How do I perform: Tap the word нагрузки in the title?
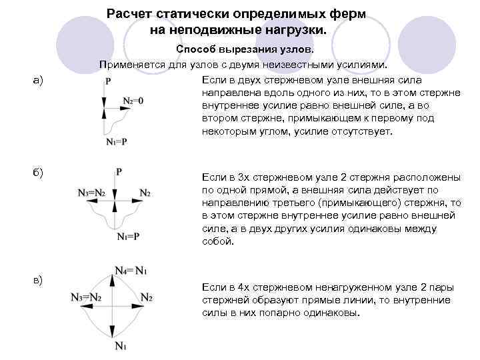[x=294, y=31]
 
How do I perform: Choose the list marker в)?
[x=37, y=279]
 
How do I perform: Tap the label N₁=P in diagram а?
[x=116, y=141]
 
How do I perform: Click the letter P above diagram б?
[x=118, y=172]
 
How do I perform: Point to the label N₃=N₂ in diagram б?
[x=90, y=193]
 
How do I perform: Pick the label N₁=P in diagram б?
[x=128, y=236]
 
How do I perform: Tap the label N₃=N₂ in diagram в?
[x=86, y=297]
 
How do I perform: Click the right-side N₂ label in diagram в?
[x=147, y=297]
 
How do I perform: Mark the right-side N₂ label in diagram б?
[x=145, y=193]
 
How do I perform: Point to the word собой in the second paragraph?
[x=217, y=241]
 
